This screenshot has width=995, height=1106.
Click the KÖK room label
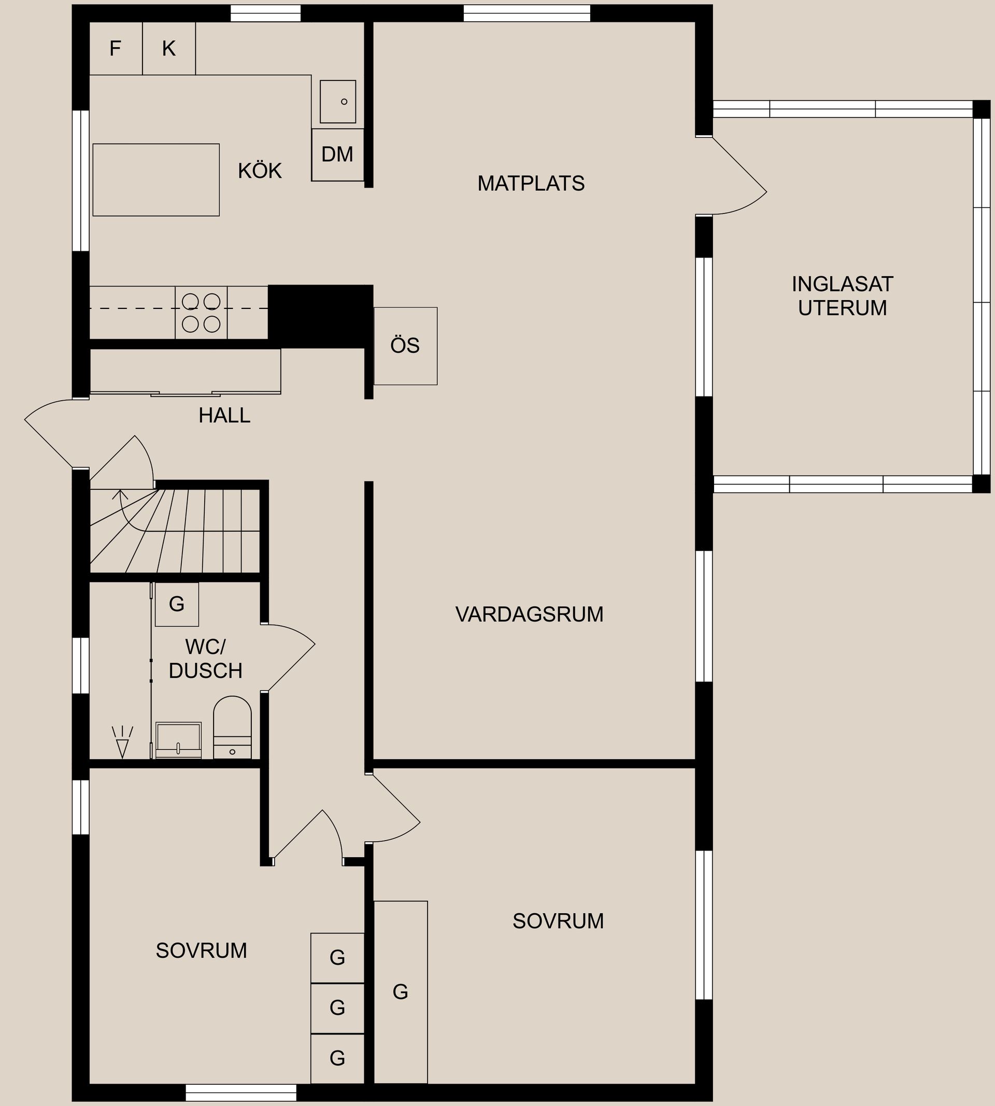click(x=260, y=171)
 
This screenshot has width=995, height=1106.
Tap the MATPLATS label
click(x=530, y=183)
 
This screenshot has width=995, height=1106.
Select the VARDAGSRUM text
click(x=529, y=615)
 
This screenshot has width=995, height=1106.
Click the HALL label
click(x=224, y=416)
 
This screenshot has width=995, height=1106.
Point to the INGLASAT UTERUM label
click(x=842, y=296)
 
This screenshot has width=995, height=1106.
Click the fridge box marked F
click(x=116, y=49)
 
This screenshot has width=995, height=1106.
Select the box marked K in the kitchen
click(x=168, y=49)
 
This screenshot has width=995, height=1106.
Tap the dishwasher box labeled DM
click(x=337, y=155)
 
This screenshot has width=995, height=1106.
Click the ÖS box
click(x=405, y=346)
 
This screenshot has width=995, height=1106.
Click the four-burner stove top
click(x=201, y=313)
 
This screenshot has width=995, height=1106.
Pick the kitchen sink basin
click(x=337, y=102)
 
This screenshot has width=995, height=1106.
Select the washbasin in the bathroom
click(x=178, y=740)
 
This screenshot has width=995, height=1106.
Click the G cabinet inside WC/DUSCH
click(x=177, y=604)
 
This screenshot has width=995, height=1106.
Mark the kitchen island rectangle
click(x=156, y=180)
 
